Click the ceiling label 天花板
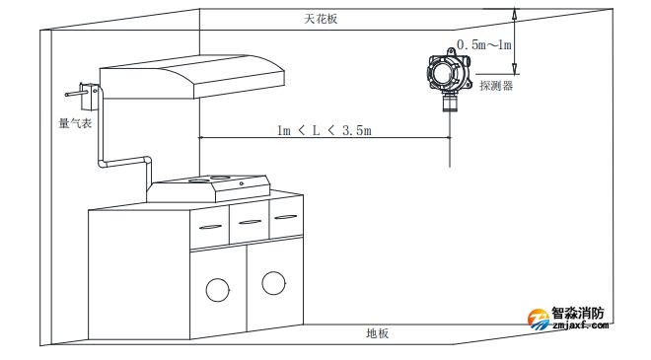(x=321, y=20)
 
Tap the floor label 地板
(x=377, y=333)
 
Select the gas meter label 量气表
(x=75, y=125)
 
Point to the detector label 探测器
(x=496, y=86)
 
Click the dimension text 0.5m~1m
(x=484, y=45)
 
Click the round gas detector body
(x=447, y=70)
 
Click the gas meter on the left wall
(x=86, y=97)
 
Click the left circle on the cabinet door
(x=217, y=289)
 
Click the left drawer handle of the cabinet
(x=208, y=227)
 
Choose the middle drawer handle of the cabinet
(x=249, y=221)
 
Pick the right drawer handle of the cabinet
(x=285, y=216)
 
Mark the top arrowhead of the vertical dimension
(x=515, y=11)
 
